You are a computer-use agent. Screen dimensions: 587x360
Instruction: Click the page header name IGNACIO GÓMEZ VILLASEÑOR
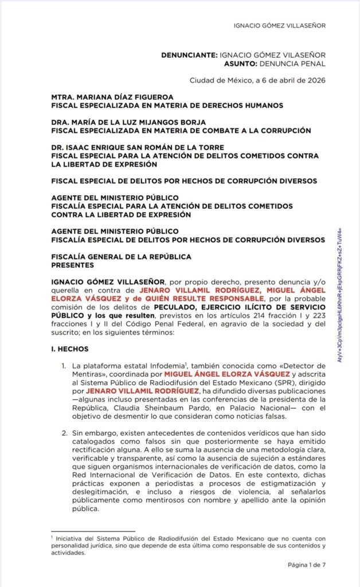click(x=280, y=26)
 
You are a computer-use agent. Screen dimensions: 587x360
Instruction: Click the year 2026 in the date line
click(x=315, y=80)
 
